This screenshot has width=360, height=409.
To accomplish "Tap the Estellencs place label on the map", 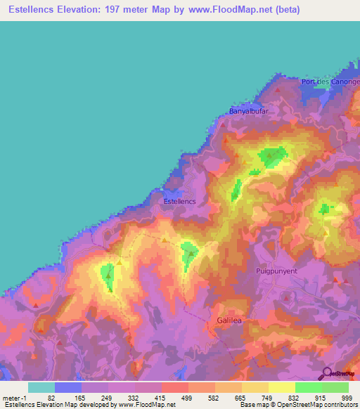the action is pyautogui.click(x=179, y=201).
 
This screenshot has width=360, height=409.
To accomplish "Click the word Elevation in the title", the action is pyautogui.click(x=84, y=9).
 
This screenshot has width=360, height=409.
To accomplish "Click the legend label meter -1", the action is pyautogui.click(x=15, y=398).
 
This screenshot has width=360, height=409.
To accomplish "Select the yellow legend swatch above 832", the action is pyautogui.click(x=282, y=387).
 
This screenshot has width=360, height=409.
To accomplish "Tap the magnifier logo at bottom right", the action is pyautogui.click(x=327, y=373).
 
